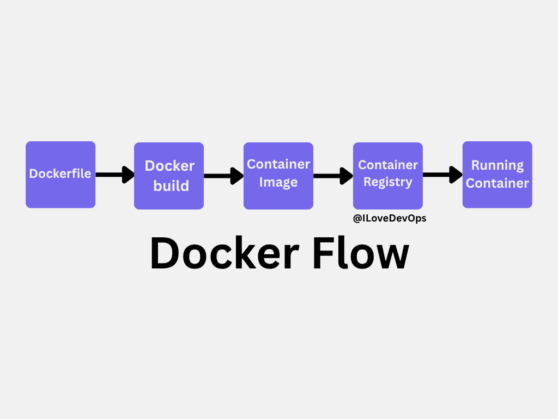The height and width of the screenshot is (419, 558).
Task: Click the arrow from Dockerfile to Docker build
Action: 115,175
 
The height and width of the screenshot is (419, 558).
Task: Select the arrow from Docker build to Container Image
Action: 223,176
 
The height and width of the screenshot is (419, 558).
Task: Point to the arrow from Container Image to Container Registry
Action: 333,176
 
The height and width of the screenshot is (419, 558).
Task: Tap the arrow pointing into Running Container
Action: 442,175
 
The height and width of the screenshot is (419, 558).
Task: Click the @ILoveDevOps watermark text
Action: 390,218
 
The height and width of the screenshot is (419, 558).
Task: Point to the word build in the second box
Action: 171,185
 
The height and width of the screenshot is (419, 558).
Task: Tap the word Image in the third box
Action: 278,182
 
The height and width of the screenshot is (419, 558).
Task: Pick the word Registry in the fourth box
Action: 387,182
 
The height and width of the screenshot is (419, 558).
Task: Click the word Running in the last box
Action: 497,165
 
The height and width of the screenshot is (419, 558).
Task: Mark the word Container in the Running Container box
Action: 497,183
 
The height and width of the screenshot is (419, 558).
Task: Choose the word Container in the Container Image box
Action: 278,164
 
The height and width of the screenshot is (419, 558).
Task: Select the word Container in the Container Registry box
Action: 387,165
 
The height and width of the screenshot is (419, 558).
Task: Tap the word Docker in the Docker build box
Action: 169,166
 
